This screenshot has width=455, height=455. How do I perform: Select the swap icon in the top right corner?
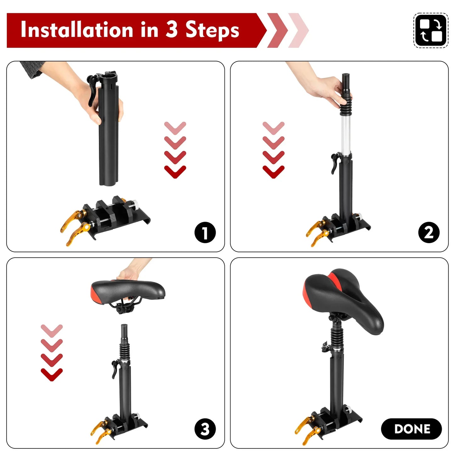tap(430, 30)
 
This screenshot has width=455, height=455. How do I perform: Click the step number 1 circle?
tap(205, 233)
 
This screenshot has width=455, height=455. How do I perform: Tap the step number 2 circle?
tap(429, 233)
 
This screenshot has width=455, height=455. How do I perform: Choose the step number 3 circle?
tap(205, 429)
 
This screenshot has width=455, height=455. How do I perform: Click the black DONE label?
tap(411, 429)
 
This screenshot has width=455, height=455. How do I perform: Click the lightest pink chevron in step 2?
tap(273, 128)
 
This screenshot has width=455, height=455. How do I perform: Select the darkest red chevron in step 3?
tap(52, 374)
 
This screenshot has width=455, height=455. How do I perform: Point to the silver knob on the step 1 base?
tap(135, 205)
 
